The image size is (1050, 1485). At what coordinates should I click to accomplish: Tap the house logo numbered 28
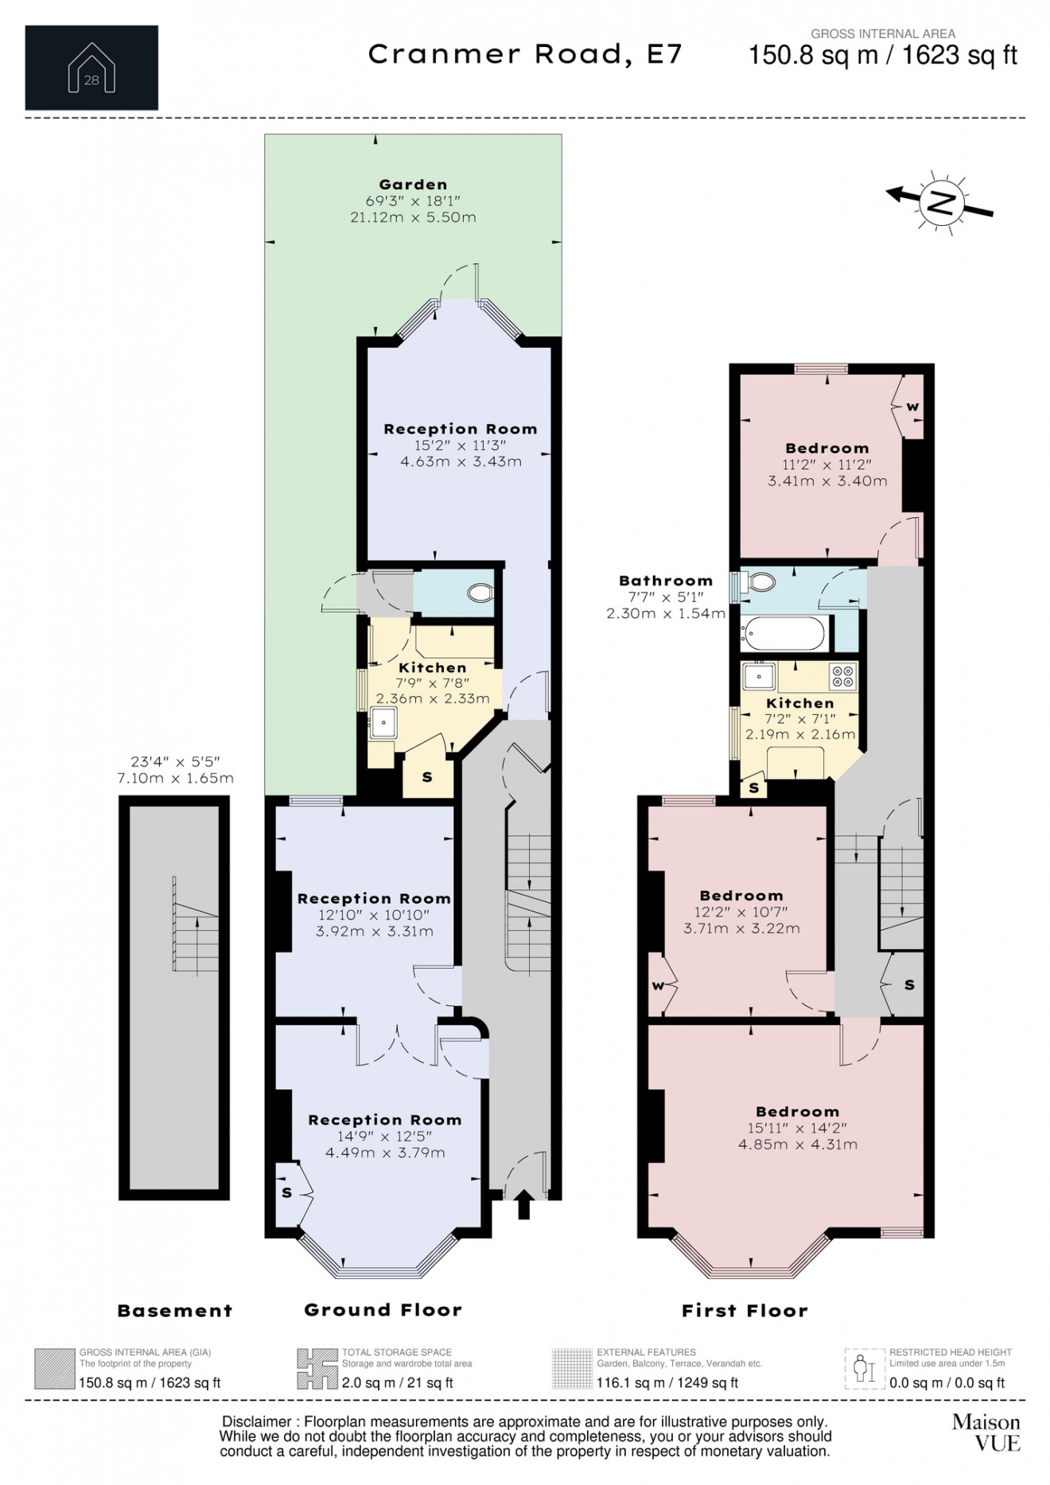(x=91, y=68)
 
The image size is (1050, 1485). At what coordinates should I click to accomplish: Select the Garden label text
(x=413, y=185)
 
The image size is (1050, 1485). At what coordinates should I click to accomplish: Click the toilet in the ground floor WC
(x=480, y=593)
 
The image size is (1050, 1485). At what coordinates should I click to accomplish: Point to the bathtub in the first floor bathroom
(x=784, y=634)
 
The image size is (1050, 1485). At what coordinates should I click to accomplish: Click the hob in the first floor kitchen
(x=842, y=676)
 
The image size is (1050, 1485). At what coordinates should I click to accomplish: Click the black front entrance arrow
(x=523, y=1204)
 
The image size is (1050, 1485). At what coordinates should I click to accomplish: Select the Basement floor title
(x=175, y=1311)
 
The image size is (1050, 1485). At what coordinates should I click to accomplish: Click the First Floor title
(x=745, y=1311)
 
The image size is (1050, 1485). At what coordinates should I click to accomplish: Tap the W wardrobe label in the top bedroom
(x=912, y=406)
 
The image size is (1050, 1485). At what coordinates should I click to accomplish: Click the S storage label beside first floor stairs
(x=908, y=985)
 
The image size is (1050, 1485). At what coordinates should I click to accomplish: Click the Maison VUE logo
(x=986, y=1432)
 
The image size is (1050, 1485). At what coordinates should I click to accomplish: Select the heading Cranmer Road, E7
(x=525, y=54)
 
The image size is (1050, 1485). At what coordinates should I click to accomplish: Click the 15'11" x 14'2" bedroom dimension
(x=797, y=1128)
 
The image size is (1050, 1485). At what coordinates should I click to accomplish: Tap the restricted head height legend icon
(x=864, y=1369)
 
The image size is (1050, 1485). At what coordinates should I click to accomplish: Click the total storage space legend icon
(x=317, y=1369)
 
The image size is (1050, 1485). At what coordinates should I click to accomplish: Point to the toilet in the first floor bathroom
(x=760, y=582)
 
